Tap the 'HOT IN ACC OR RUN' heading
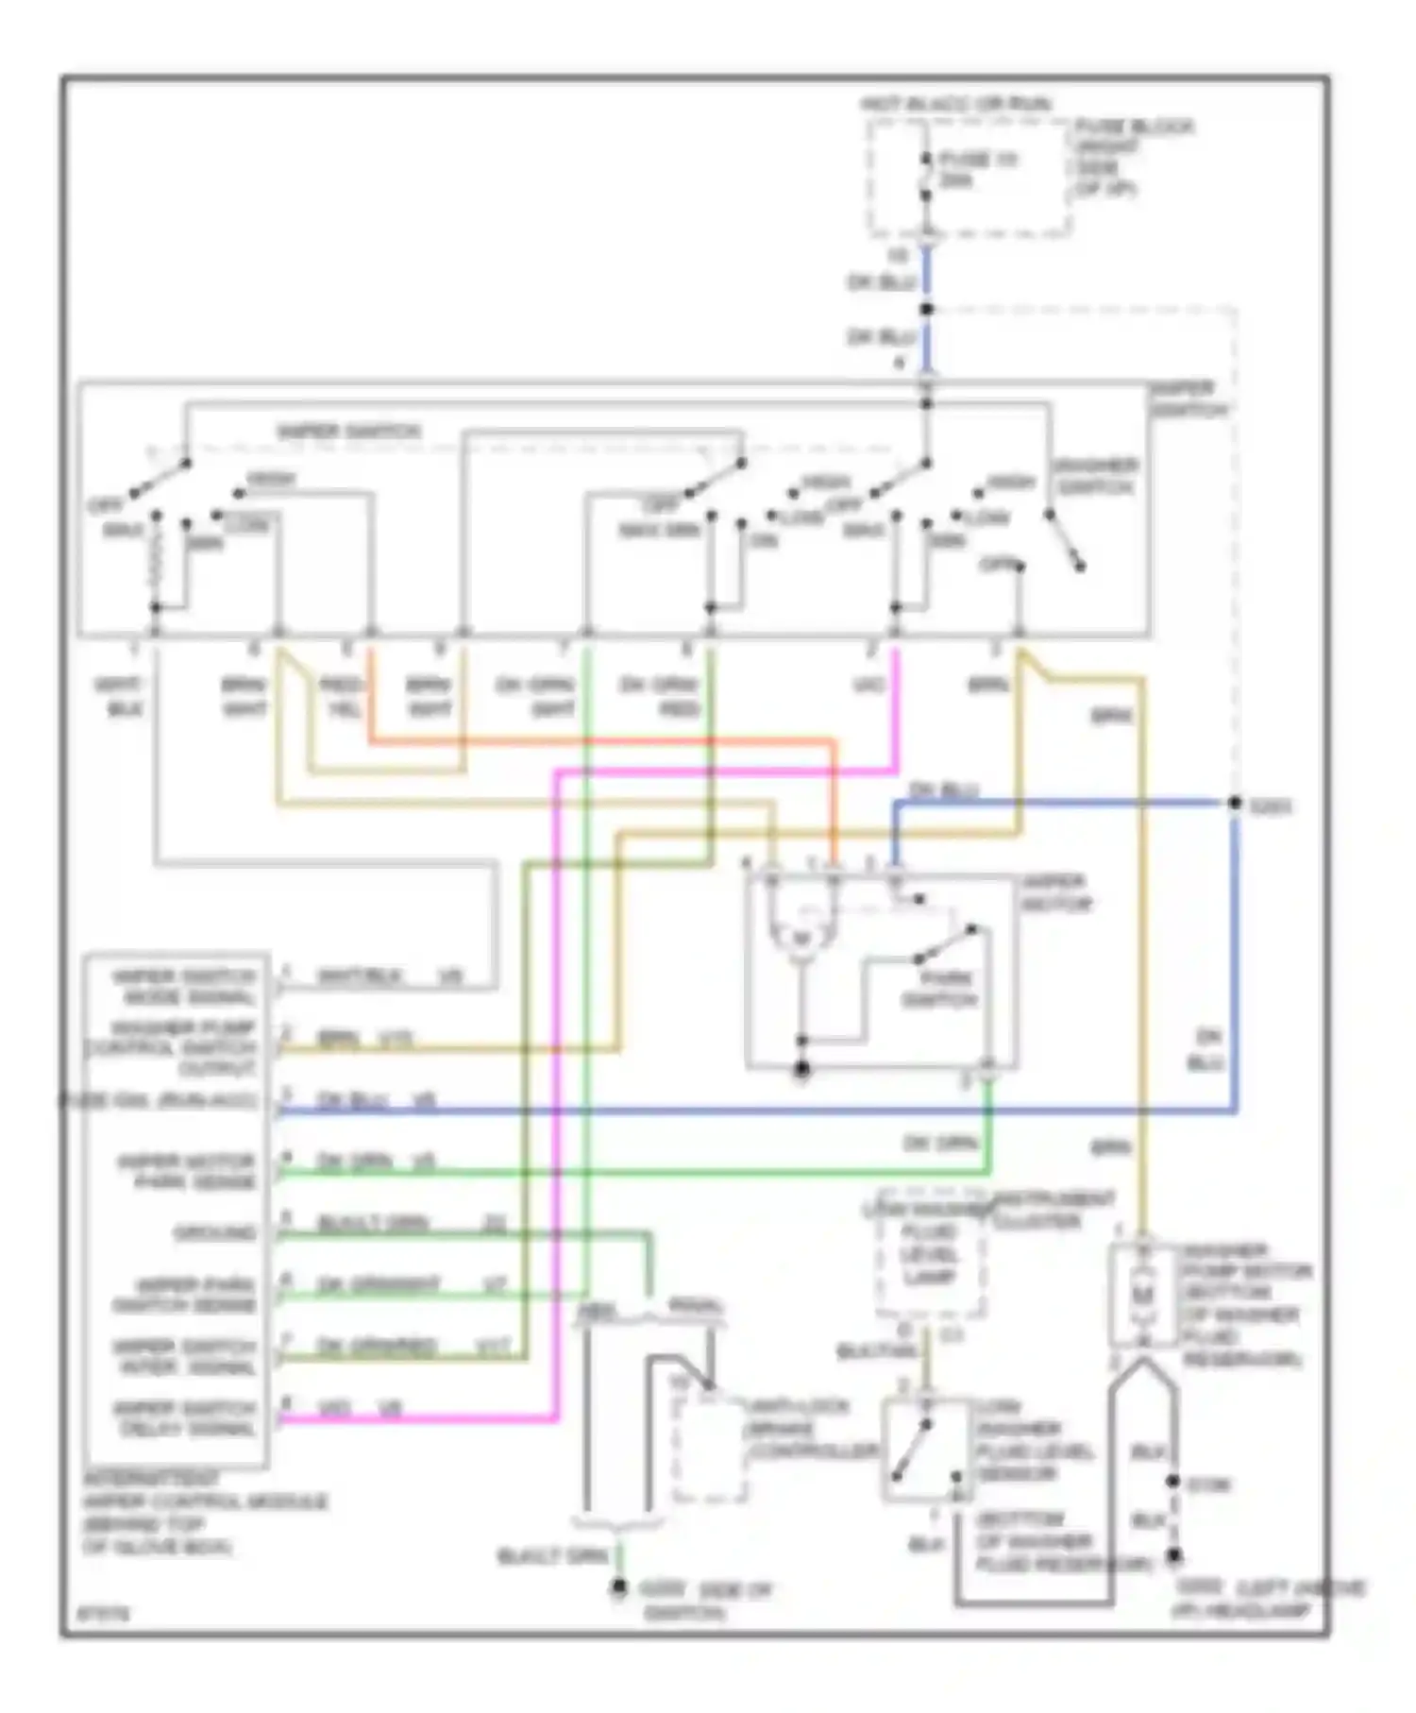pos(955,103)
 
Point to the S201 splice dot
pos(1234,803)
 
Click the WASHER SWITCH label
pos(1095,476)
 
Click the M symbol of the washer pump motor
pos(1143,1291)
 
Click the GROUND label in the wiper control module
pos(215,1232)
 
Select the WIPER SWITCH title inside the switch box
pos(348,432)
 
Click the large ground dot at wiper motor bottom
pos(801,1069)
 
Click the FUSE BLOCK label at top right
pos(1133,157)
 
